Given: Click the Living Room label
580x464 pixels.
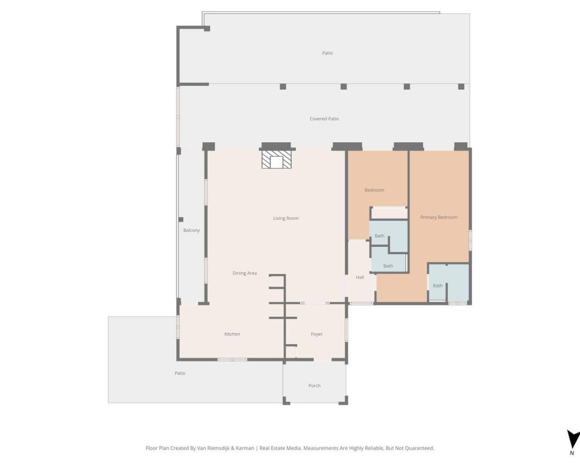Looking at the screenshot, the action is coord(285,218).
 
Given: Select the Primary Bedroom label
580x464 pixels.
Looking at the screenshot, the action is coord(439,217).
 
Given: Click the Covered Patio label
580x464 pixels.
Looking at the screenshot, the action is coord(324,119).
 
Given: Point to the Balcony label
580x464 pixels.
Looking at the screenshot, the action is coord(191,230).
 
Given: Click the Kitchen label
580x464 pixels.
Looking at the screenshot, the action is coord(232,334).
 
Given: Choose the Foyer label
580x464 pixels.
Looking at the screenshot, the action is coord(317,334).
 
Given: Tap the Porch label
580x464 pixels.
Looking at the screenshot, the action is coord(314,386).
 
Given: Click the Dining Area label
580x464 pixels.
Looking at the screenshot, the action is coord(245,273).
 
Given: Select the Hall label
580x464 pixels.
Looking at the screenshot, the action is coord(360,277).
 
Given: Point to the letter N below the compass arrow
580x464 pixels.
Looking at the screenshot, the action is coord(572,454).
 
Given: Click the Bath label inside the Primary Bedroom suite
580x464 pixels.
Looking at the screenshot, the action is coord(438,285).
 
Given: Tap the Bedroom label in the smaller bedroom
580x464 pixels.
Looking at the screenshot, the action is coord(374,190).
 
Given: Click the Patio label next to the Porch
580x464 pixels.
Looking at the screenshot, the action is coord(180,373).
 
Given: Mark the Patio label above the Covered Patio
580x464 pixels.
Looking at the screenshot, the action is coord(328,53).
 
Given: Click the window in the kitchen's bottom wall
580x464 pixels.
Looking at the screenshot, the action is coord(232,360).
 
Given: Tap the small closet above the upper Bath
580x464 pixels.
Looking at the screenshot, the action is coord(389,213).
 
